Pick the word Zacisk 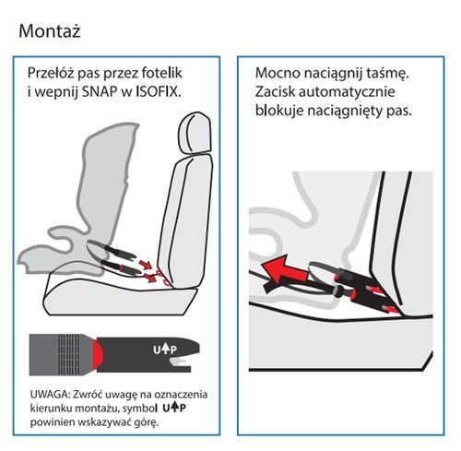click(285, 92)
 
